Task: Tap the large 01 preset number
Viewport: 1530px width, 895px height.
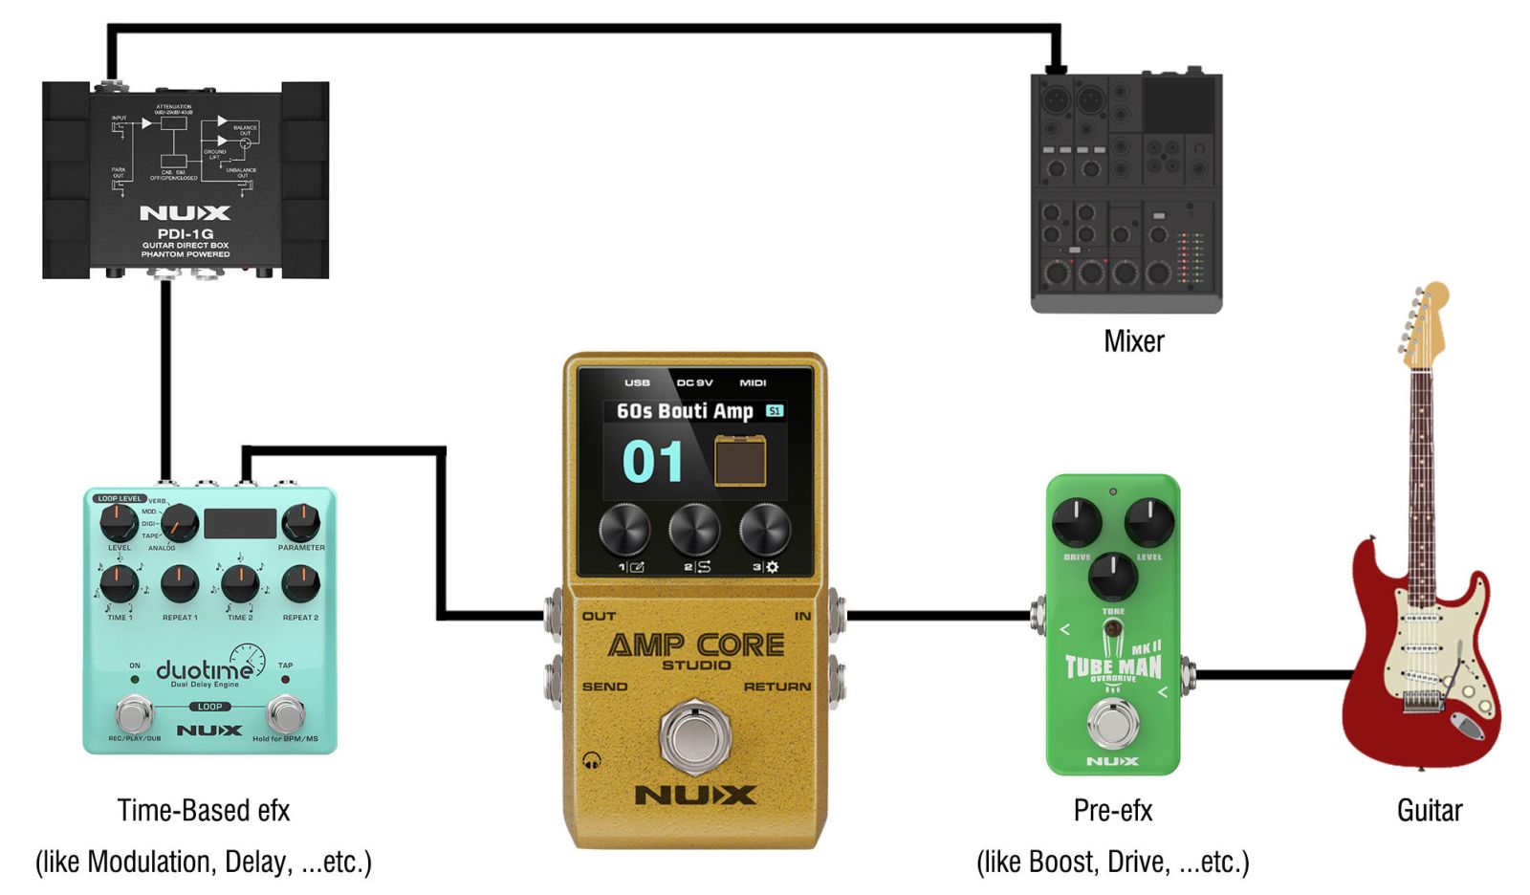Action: [653, 462]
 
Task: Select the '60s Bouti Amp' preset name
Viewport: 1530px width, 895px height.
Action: [685, 411]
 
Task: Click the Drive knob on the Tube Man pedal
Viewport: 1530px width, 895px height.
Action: [1077, 522]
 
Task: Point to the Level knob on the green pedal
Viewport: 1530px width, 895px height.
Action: [1148, 522]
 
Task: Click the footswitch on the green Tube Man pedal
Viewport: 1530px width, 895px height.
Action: [1112, 724]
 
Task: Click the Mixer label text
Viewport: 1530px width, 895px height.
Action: [1134, 341]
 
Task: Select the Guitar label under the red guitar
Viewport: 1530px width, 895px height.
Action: [1430, 811]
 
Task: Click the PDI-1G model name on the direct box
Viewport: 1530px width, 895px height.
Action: [186, 233]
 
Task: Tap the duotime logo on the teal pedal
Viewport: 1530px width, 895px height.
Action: [205, 669]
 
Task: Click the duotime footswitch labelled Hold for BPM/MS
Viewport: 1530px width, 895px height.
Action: [285, 713]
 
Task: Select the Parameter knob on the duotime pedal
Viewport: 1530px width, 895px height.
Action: [300, 522]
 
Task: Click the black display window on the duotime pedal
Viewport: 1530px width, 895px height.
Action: [240, 523]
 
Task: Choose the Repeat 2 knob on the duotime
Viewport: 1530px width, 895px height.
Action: [300, 583]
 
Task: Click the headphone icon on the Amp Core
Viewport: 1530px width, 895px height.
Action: [592, 761]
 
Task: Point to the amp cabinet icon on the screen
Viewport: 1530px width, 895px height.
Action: [740, 461]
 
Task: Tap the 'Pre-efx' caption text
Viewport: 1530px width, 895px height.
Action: [1113, 811]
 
